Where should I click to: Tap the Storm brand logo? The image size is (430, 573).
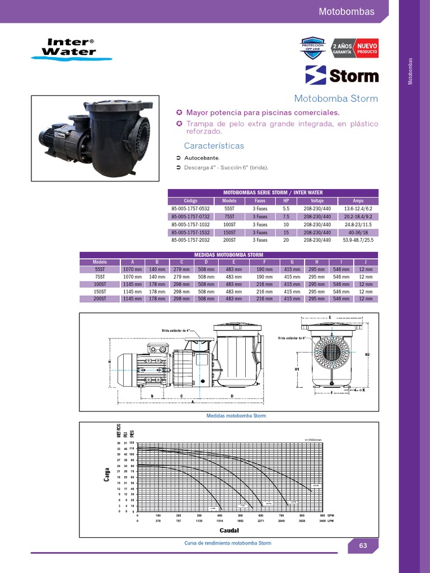(342, 75)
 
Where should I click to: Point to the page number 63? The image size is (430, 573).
(362, 546)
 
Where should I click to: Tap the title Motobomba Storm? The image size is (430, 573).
(336, 98)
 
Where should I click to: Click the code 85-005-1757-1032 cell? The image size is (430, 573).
(190, 224)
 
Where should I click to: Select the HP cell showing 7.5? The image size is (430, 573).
(286, 217)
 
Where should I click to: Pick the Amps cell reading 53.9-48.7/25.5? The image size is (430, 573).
(358, 240)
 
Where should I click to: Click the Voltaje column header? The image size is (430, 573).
(317, 200)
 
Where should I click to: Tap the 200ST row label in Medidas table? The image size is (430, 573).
(100, 299)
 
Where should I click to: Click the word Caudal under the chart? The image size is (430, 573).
(230, 529)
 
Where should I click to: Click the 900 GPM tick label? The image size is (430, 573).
(322, 515)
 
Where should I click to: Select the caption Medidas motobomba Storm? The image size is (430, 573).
(236, 416)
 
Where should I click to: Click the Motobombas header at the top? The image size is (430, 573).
(345, 11)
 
